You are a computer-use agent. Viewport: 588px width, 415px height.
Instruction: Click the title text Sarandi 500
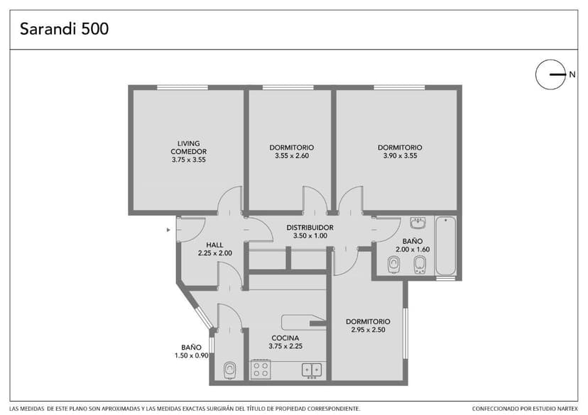pos(64,29)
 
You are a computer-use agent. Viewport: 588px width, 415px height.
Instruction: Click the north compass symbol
pos(550,74)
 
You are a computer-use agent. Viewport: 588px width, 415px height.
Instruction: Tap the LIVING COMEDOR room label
pos(189,147)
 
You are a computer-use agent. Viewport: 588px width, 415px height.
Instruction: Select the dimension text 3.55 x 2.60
pos(292,156)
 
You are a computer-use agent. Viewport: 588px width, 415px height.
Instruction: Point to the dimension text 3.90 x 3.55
pos(400,156)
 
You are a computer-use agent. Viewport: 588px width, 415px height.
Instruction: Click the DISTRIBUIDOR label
pos(310,227)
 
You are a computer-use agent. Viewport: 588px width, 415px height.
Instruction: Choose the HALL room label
pos(214,245)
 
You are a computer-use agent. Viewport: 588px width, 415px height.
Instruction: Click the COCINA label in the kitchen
pos(285,338)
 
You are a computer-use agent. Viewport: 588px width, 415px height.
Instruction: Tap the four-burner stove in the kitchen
pos(261,369)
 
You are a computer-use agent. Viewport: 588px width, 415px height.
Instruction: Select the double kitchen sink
pos(312,370)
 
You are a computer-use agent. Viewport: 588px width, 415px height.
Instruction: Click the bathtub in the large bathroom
pos(446,245)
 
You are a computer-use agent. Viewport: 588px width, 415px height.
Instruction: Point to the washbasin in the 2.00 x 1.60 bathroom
pos(418,223)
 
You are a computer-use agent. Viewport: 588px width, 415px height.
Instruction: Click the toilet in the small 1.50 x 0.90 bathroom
pos(229,370)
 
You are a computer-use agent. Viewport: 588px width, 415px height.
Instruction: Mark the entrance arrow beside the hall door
pos(168,230)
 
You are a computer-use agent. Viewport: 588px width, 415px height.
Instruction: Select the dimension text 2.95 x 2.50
pos(369,330)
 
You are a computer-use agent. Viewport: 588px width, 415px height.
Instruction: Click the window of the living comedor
pos(183,88)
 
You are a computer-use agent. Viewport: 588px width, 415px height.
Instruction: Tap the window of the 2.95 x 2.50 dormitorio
pos(405,333)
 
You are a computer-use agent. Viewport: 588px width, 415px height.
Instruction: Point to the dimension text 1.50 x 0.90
pos(191,355)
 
